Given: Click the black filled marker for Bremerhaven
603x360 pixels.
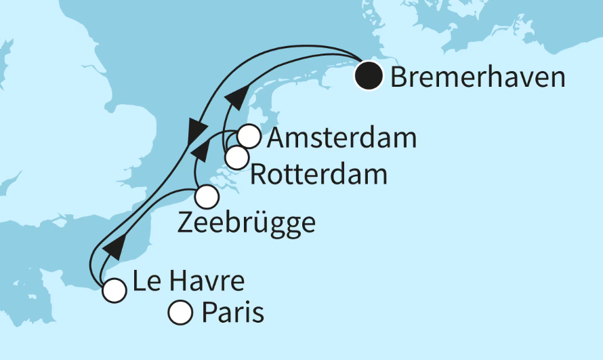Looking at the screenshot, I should [369, 76].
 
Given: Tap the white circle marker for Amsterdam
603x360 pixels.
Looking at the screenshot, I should [249, 137].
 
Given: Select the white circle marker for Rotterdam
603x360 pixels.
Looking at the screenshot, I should [236, 158].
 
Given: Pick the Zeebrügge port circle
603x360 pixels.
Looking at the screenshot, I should [207, 197].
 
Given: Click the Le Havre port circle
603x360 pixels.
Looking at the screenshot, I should [114, 291].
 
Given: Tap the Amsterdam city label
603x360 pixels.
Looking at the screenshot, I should [342, 138].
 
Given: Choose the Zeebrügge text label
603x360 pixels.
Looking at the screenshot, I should [247, 223].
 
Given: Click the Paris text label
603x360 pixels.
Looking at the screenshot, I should [232, 313].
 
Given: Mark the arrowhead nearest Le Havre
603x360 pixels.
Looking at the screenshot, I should [115, 248].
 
